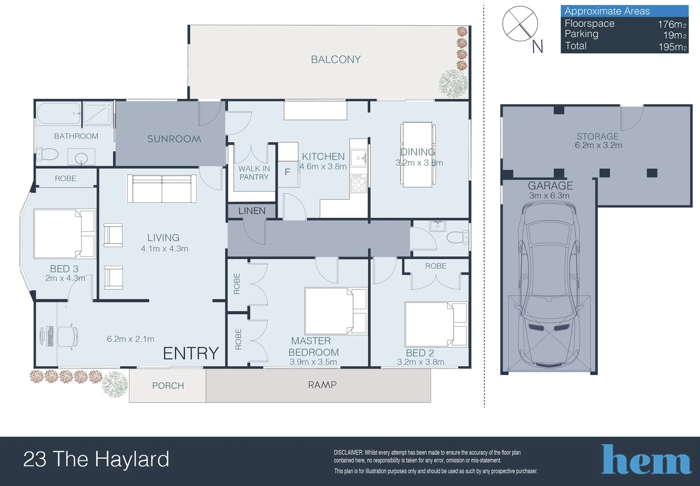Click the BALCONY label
(336, 59)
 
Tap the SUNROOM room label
(174, 139)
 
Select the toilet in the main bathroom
(47, 154)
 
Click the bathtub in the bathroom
(59, 113)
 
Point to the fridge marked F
(287, 172)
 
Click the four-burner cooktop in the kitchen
(359, 183)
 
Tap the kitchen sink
(359, 158)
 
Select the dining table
(418, 154)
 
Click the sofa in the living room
(162, 189)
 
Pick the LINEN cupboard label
(252, 211)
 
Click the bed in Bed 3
(64, 234)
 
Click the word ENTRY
(191, 354)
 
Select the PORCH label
(168, 386)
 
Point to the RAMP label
(322, 385)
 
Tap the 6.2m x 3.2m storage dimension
(598, 145)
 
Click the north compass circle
(520, 24)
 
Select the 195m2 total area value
(672, 47)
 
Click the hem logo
(646, 460)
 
